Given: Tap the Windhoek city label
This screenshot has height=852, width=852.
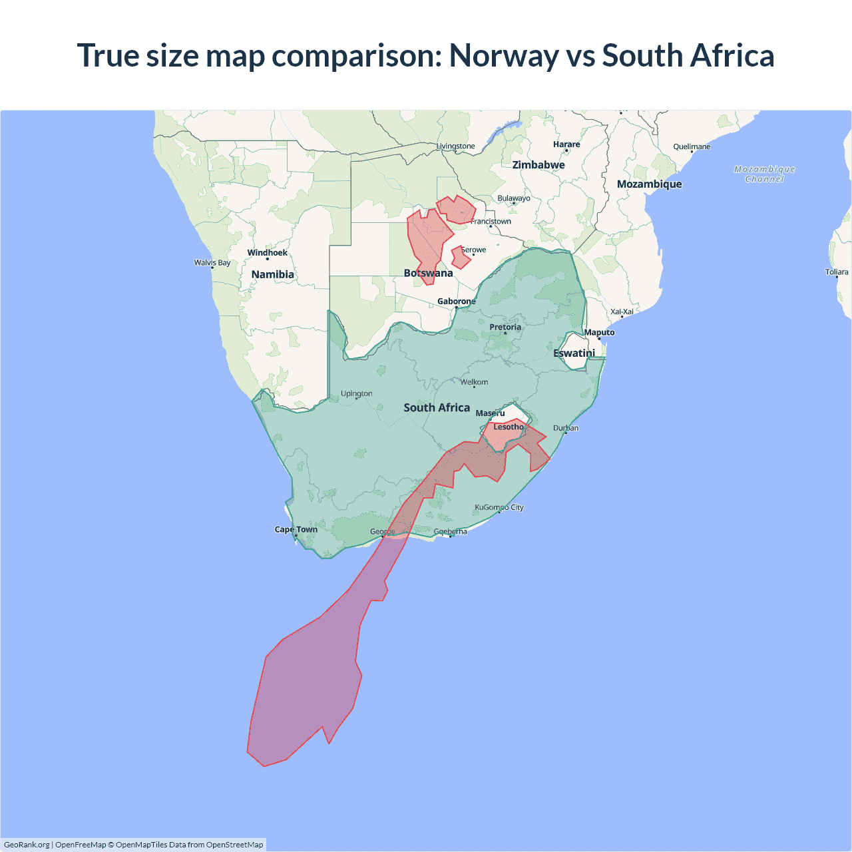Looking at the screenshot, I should point(267,253).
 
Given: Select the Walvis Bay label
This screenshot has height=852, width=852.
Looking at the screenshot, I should point(212,263).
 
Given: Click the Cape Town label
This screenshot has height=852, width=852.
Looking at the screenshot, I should point(296,530).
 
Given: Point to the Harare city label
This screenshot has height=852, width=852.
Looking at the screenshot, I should point(566,144).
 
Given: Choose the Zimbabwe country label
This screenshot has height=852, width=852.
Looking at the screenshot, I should point(538,165).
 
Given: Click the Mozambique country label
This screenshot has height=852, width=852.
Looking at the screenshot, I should point(649,184).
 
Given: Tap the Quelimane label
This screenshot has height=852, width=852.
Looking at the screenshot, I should point(692,147).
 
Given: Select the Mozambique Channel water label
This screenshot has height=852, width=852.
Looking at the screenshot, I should point(764,174).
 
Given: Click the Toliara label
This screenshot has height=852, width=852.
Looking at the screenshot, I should point(837,272).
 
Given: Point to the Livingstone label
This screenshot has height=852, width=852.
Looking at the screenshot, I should point(456,146).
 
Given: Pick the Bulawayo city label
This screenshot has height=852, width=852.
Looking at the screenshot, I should point(514,198).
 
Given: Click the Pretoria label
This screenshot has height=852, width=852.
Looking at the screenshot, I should point(505,327).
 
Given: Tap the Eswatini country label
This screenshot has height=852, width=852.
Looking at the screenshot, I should point(574,353).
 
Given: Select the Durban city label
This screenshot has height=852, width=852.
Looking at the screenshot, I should point(566,428).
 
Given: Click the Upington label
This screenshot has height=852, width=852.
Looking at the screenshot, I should point(357,394).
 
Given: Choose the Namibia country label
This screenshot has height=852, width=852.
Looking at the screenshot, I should point(272,275).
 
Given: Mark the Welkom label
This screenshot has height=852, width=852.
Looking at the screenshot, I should point(474,382).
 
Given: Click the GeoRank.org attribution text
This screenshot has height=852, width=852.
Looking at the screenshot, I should point(27,845).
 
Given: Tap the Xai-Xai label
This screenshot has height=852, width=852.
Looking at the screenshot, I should point(622,312).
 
